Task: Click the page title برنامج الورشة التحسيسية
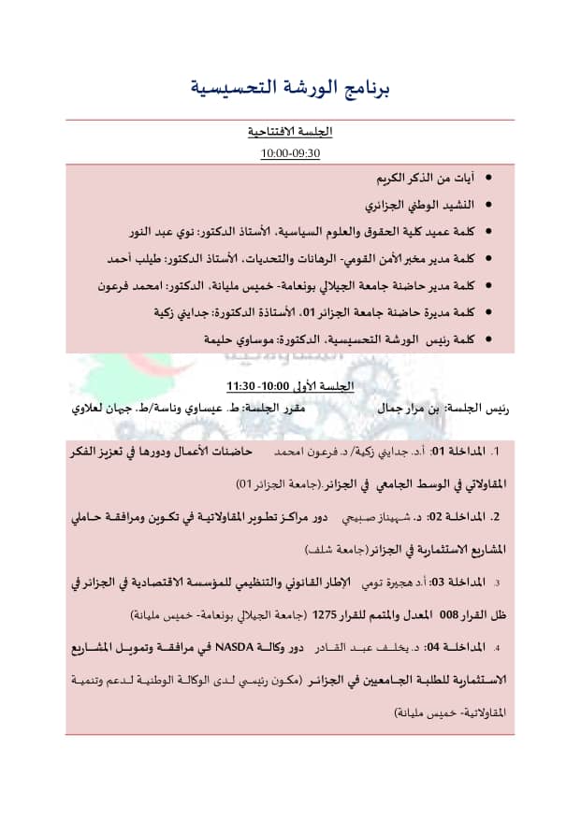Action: click(x=289, y=89)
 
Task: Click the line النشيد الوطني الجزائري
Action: click(x=420, y=203)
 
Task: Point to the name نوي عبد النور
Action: click(x=167, y=230)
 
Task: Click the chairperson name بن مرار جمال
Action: click(x=403, y=409)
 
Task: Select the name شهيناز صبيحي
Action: click(x=383, y=516)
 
